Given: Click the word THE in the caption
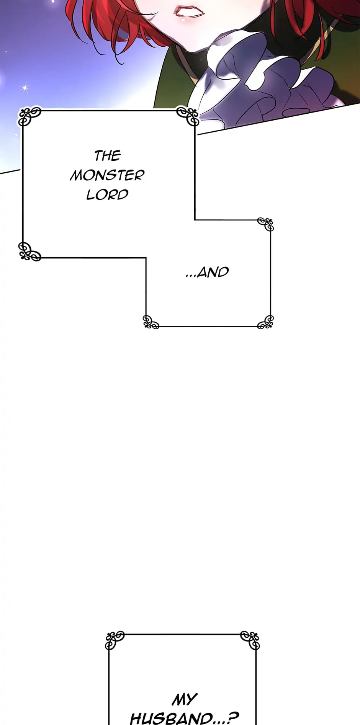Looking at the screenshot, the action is click(107, 156).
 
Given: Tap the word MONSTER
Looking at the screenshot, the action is click(107, 175).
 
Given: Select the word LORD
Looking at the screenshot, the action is click(107, 195).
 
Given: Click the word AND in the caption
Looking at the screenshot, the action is click(213, 272).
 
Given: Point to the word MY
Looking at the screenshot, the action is click(185, 700).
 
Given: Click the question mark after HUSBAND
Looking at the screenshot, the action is click(234, 718).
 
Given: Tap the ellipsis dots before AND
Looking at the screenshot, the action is click(191, 276).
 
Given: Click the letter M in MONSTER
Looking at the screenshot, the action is click(77, 175).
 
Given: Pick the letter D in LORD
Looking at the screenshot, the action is click(123, 195).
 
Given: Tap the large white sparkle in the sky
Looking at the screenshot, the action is click(25, 88).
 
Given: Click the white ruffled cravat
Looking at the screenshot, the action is click(264, 80).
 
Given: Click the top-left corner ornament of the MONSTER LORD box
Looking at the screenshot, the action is click(30, 116).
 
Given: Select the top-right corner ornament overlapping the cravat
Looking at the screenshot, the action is click(188, 116).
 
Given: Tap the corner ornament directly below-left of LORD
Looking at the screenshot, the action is click(29, 251).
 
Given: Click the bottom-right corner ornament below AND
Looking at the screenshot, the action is click(266, 322).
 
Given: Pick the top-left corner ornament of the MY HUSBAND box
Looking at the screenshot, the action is click(115, 640).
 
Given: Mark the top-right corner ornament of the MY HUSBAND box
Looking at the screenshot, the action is click(250, 640).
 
